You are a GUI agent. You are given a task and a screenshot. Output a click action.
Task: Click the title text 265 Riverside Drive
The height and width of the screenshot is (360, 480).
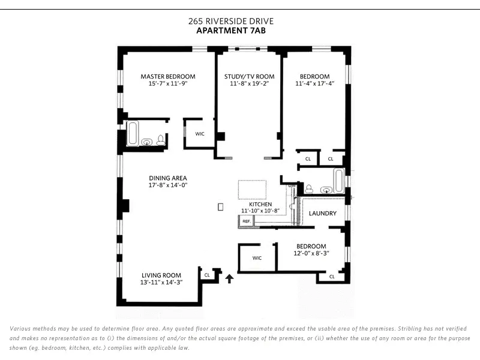click(x=231, y=21)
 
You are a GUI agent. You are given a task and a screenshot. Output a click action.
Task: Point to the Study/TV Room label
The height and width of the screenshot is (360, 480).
click(x=249, y=76)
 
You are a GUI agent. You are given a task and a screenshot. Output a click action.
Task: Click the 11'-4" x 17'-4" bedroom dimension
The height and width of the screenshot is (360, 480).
click(x=314, y=84)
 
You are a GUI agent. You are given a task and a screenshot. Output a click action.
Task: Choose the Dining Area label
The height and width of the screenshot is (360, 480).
click(x=168, y=178)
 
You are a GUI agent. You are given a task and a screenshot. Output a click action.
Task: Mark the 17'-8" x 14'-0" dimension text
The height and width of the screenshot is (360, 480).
click(x=168, y=186)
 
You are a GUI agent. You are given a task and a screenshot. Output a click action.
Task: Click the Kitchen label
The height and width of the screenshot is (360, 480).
click(x=260, y=204)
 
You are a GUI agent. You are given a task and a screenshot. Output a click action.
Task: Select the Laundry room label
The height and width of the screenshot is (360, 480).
click(x=322, y=214)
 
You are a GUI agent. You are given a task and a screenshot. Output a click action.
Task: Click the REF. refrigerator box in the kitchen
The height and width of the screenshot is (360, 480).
click(x=245, y=221)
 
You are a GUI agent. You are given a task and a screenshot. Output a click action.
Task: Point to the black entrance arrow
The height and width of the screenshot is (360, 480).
click(x=229, y=278)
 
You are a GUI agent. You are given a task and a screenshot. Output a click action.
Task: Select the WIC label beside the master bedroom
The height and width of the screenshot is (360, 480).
click(x=200, y=134)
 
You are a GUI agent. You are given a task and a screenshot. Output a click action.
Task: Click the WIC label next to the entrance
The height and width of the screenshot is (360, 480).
click(x=257, y=258)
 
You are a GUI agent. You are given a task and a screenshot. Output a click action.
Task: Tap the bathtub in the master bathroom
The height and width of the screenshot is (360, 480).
click(x=133, y=133)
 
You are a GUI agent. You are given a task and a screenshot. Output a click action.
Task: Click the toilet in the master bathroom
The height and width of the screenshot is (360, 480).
click(x=160, y=140)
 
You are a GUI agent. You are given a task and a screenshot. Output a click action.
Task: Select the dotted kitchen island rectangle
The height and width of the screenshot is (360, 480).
click(x=253, y=190)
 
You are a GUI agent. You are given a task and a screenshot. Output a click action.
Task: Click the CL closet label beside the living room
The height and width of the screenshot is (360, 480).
click(x=207, y=275)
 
